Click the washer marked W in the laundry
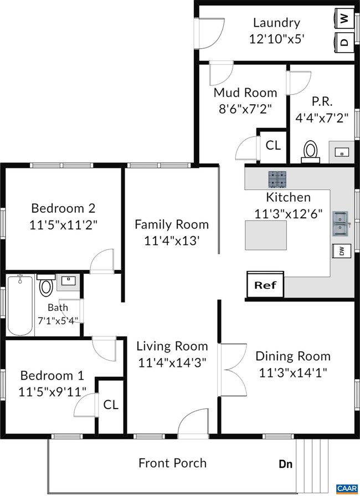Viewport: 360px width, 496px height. click(344, 19)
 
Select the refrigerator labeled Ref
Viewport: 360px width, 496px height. click(265, 285)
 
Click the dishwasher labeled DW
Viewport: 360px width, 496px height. click(341, 252)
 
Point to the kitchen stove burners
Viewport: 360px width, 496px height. click(277, 179)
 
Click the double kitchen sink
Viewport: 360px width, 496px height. click(341, 224)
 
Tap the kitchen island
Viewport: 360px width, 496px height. click(266, 235)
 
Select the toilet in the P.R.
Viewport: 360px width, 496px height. click(310, 151)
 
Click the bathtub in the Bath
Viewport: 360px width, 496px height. click(20, 306)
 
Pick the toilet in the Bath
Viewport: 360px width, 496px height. click(46, 285)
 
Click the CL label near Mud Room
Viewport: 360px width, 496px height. click(273, 146)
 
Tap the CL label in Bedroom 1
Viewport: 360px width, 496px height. click(111, 405)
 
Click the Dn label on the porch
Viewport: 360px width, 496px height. click(285, 464)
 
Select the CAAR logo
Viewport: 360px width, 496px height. click(347, 489)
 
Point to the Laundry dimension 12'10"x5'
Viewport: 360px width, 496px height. click(276, 39)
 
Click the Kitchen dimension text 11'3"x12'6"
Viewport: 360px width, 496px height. click(288, 214)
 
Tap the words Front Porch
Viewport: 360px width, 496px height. click(173, 463)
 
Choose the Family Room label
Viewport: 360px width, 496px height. click(172, 224)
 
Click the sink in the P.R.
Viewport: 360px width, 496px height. click(342, 152)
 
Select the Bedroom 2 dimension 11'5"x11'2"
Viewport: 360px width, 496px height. click(63, 225)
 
